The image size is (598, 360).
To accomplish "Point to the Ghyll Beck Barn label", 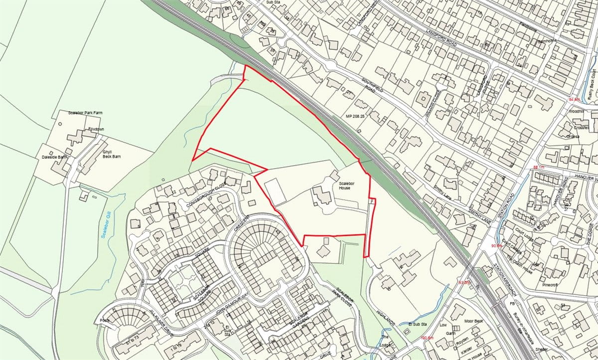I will click(112, 154).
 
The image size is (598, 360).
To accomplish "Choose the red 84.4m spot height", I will click(575, 100).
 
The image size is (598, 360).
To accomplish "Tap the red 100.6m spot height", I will click(428, 338).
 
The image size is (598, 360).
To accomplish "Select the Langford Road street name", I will click(442, 38).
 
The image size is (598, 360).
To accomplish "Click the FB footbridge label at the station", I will click(511, 303).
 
